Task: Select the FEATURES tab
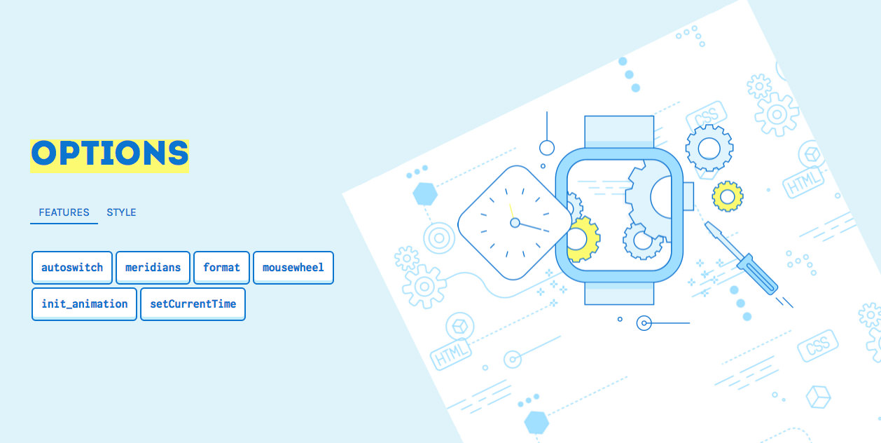[x=64, y=212]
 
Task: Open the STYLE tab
[x=121, y=212]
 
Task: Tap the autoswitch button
[x=72, y=267]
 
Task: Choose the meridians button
[x=153, y=267]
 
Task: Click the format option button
[x=221, y=267]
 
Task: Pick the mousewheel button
[x=293, y=267]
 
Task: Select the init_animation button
[x=84, y=304]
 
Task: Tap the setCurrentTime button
[x=193, y=304]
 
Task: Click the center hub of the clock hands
[x=515, y=223]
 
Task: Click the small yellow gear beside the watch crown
[x=728, y=196]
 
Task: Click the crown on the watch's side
[x=688, y=196]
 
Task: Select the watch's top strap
[x=618, y=131]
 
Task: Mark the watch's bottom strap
[x=618, y=294]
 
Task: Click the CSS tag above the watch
[x=706, y=116]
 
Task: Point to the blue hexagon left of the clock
[x=424, y=193]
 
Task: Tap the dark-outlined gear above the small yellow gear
[x=709, y=149]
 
